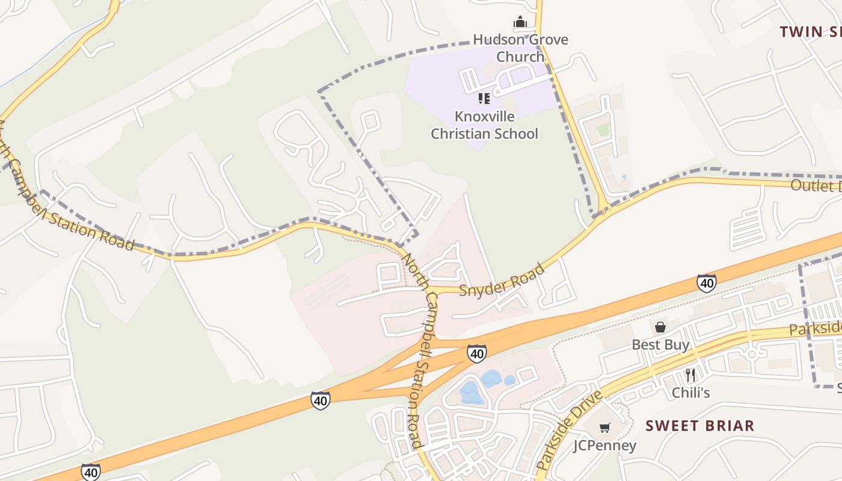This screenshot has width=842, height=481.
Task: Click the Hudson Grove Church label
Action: [520, 48]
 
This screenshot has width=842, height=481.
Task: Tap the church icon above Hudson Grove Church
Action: [520, 23]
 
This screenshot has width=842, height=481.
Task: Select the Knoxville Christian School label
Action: [485, 125]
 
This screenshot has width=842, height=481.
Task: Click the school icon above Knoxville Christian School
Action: [484, 98]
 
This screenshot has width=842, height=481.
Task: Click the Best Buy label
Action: [660, 345]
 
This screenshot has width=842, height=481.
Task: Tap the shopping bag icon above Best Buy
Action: [660, 326]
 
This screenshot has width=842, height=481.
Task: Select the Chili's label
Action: [691, 393]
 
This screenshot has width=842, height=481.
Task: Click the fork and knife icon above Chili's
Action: [690, 375]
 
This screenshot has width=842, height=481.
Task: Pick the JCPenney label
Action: [604, 446]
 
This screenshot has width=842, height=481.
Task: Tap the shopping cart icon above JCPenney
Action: [604, 427]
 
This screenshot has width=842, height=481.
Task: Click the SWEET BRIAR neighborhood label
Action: [699, 426]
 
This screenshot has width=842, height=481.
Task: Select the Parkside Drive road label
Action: [568, 430]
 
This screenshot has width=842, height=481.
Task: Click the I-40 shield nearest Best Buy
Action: [706, 283]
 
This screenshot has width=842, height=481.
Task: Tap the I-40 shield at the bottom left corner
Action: [91, 472]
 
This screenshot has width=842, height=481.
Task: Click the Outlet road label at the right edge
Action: [815, 185]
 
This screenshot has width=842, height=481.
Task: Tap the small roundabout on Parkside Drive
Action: [751, 354]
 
